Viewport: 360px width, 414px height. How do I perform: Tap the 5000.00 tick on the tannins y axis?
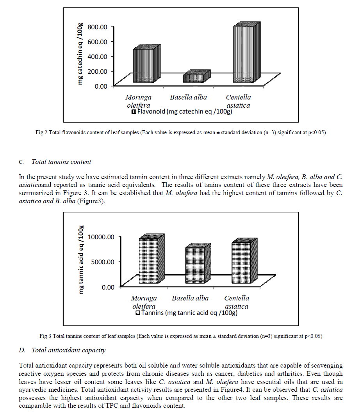point(102,262)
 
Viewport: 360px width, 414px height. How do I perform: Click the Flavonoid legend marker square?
point(134,112)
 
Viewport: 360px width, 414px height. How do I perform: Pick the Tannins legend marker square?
point(138,313)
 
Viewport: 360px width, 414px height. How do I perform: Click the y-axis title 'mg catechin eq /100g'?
point(80,54)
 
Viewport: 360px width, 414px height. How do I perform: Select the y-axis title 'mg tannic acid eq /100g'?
point(82,259)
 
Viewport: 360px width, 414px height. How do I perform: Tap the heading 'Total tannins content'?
point(61,161)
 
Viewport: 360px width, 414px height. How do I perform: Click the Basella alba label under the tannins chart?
point(190,299)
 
